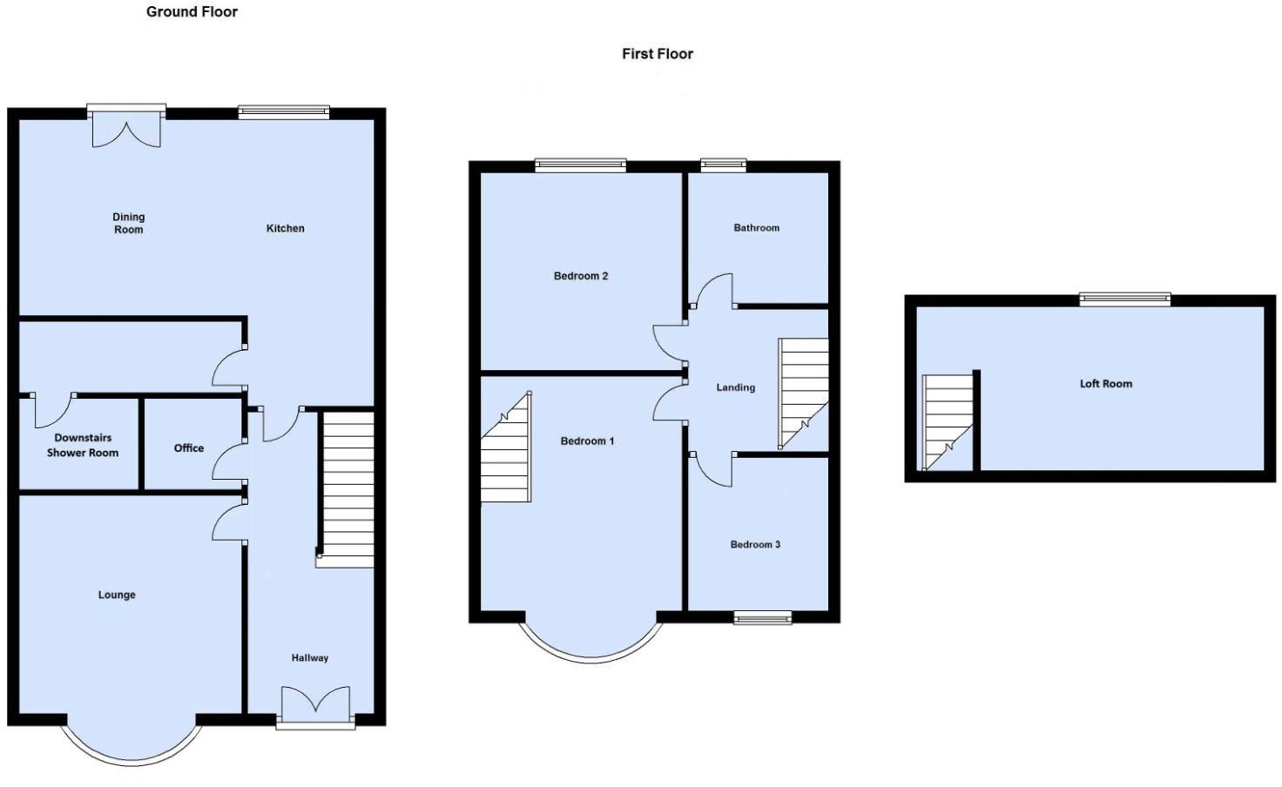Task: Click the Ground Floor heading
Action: (192, 12)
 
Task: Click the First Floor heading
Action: (658, 54)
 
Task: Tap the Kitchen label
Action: (286, 228)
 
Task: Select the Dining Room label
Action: (128, 224)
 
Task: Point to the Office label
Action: (189, 448)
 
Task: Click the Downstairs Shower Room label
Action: (83, 446)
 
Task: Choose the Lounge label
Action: (117, 595)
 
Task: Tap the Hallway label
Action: (310, 658)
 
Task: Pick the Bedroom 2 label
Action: (581, 276)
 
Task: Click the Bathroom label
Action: (757, 228)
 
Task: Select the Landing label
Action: (736, 387)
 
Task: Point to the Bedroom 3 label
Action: (755, 545)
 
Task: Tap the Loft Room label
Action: (1106, 384)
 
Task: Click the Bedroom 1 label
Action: (587, 441)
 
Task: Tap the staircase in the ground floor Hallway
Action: (347, 488)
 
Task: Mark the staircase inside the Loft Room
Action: (948, 422)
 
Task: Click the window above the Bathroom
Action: (724, 164)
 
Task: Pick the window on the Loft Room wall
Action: (1125, 299)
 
